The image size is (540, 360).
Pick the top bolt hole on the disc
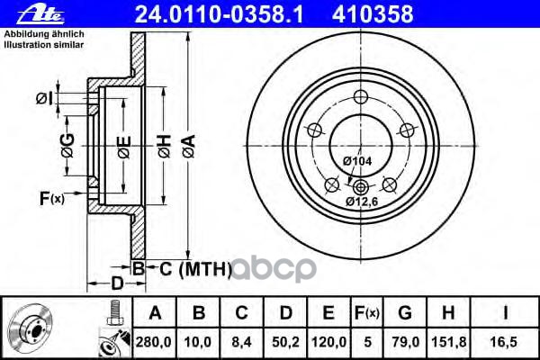(360, 98)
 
